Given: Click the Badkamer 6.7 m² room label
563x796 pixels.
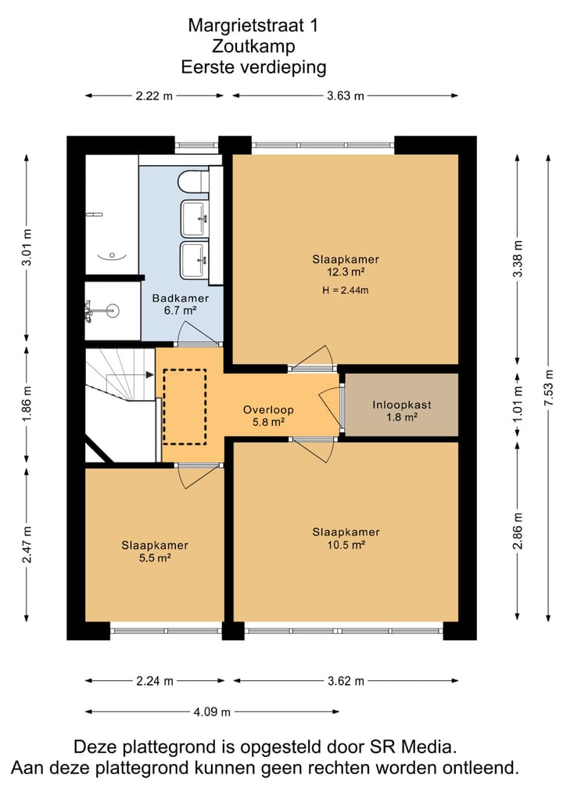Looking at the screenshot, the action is point(181,304).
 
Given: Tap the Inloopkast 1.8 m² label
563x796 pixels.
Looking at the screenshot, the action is point(402,411).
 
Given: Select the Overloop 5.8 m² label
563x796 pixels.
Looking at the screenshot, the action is point(268,416).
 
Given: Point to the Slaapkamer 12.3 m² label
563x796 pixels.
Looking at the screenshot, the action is point(346,265).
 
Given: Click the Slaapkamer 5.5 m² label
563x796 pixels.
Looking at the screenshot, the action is point(155,551).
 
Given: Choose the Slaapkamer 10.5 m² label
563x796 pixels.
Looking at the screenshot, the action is point(346,538).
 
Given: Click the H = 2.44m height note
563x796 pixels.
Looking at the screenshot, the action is point(346,290).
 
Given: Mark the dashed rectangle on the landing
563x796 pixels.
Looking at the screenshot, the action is point(185,407).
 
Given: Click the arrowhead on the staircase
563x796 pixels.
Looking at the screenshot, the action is point(150,375).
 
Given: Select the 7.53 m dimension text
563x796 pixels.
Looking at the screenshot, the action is point(548,387).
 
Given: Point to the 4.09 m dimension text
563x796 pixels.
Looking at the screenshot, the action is point(212,711).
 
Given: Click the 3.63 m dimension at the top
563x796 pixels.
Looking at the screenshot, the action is point(346,95).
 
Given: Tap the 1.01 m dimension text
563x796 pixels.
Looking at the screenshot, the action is point(518,404).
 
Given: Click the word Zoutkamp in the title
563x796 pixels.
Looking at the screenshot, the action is point(253,46).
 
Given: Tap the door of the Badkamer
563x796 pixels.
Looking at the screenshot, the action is point(200,333).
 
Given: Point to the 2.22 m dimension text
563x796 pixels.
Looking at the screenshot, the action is point(154,95).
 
